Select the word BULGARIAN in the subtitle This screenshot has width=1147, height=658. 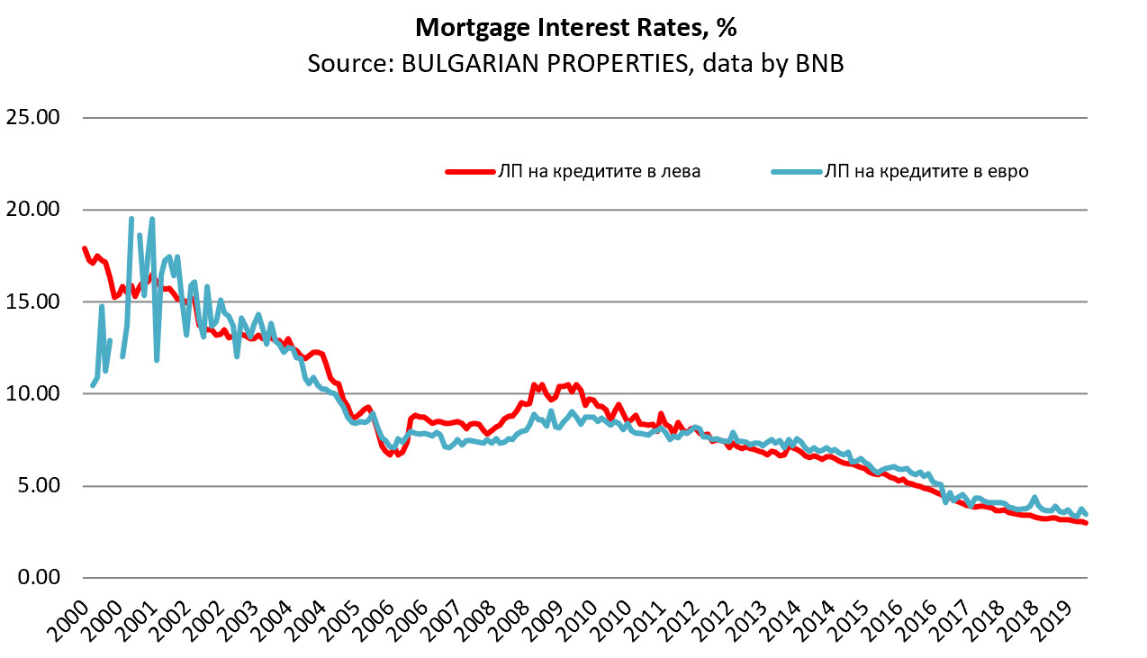[x=451, y=65]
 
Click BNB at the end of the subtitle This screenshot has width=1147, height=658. [x=819, y=65]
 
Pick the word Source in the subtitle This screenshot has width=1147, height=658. [x=342, y=65]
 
